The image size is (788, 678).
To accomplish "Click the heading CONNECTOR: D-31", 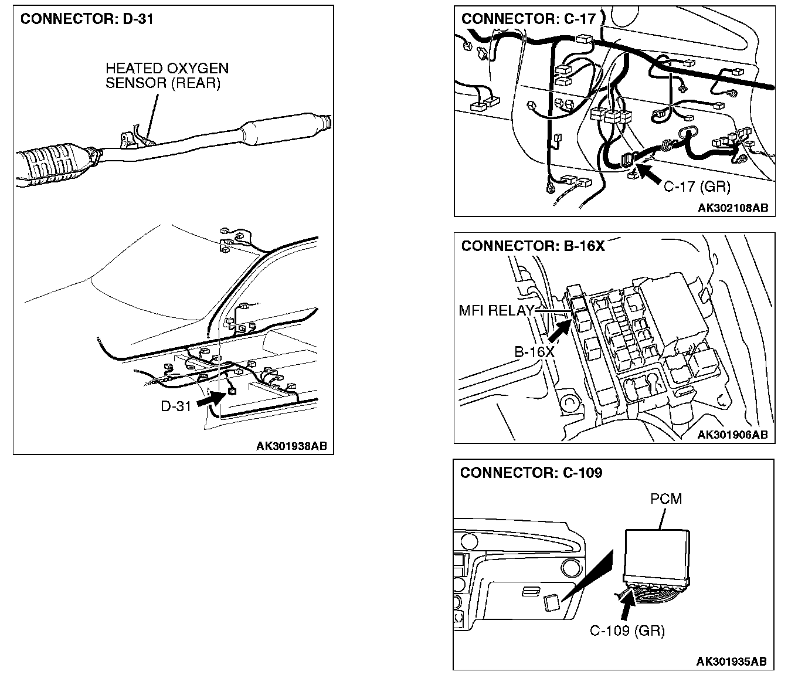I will click(87, 19).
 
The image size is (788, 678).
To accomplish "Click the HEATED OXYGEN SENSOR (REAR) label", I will click(167, 76).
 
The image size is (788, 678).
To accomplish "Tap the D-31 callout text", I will click(176, 406).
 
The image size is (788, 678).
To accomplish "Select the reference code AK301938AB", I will click(291, 446).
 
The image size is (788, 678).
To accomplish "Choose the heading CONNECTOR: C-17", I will click(528, 19).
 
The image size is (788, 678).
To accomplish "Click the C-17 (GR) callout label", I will click(697, 187).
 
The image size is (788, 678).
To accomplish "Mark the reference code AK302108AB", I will click(732, 208).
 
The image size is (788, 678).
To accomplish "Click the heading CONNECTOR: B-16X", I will click(532, 246).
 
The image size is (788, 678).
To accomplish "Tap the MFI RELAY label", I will click(496, 310).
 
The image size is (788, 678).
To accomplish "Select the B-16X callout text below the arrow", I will click(534, 352).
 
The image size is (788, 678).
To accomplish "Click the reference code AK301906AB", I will click(732, 435).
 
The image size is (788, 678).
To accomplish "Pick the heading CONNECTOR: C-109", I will click(531, 473).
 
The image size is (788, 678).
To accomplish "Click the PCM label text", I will click(666, 499).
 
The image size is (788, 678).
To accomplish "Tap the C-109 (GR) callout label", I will click(627, 630).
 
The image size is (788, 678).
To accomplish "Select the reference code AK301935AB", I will click(731, 662).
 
